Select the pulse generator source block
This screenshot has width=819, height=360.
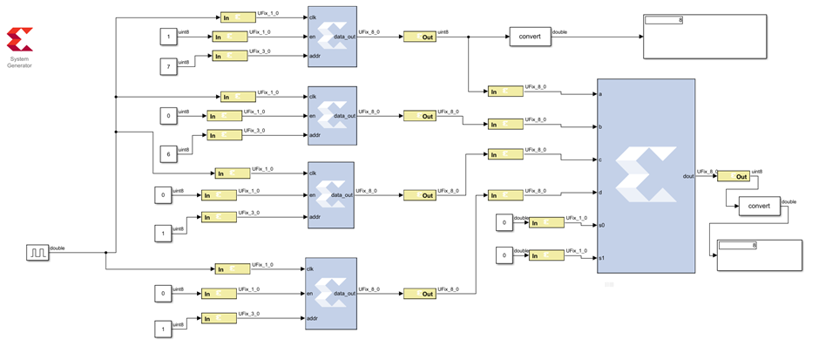point(37,253)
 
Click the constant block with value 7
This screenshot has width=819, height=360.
point(167,66)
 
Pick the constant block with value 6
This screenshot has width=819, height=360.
point(167,154)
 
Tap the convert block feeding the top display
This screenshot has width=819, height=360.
point(530,37)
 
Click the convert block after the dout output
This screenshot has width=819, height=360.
point(759,207)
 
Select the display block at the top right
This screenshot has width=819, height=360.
point(704,36)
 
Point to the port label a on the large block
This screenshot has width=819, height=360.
point(601,94)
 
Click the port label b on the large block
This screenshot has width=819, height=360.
point(601,126)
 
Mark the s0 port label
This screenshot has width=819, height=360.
point(602,225)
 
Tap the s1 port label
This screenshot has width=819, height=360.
point(602,257)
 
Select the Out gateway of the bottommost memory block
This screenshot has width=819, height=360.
point(418,294)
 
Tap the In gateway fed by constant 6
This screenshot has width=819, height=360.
point(223,135)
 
